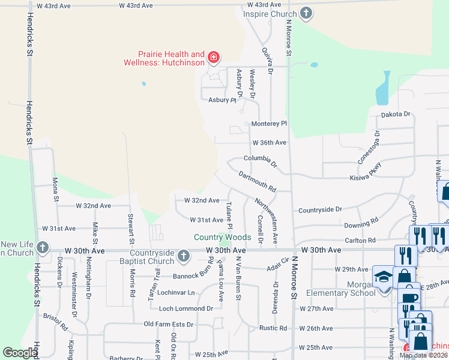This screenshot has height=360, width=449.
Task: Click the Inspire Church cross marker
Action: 306,13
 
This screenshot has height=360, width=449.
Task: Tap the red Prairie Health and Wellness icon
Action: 213,58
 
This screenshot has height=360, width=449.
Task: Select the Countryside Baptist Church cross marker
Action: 184,257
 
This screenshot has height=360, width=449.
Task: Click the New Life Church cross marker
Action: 42,247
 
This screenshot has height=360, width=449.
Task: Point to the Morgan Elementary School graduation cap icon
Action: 382,276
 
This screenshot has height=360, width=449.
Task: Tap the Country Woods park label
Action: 222,238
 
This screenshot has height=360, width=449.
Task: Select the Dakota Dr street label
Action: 396,114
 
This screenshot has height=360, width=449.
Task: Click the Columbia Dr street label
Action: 261,160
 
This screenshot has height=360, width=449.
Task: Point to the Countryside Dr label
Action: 320,210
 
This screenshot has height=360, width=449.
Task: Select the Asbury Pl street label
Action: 221,100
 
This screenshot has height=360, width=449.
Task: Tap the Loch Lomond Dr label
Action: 186,308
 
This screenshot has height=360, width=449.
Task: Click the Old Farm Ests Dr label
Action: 169,325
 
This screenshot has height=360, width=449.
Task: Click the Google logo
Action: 20,353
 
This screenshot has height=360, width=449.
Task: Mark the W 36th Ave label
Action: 269,143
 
